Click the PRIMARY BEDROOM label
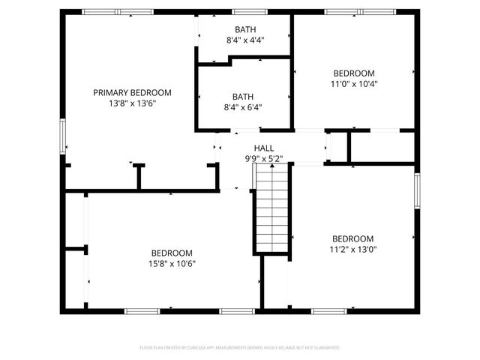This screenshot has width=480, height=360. (x=132, y=92)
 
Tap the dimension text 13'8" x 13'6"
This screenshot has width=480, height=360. (x=132, y=103)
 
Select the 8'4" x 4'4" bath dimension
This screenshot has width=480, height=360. (x=244, y=40)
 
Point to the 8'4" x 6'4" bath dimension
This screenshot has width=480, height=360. (x=242, y=106)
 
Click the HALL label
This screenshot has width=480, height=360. (x=264, y=148)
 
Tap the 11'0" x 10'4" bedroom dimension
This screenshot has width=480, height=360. (x=354, y=84)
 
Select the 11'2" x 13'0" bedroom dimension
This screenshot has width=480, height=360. (x=352, y=249)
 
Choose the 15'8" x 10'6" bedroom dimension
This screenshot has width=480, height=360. (x=172, y=263)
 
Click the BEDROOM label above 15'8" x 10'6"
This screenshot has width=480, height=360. (x=172, y=253)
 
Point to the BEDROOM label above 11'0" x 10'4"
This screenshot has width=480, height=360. (x=354, y=73)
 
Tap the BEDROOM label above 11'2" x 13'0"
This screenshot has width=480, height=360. (x=352, y=238)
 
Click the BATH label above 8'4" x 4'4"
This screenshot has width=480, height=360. (x=244, y=29)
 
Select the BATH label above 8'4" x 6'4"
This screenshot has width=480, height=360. (x=242, y=96)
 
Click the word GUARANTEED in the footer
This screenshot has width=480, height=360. (x=325, y=348)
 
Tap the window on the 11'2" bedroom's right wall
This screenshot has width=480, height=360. (x=417, y=190)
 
